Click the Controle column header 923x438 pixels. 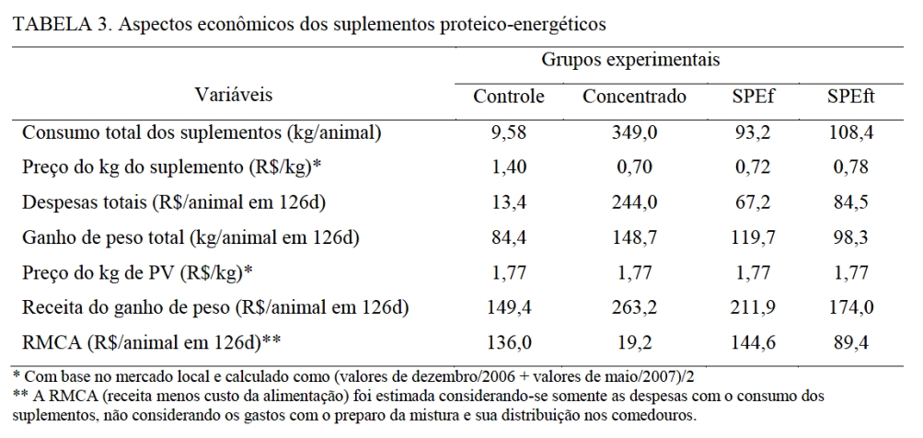tap(509, 96)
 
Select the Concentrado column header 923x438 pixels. tap(634, 96)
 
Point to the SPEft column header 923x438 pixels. tap(849, 96)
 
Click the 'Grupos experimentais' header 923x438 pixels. tap(630, 59)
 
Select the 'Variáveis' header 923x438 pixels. tap(233, 94)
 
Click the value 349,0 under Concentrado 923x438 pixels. tap(634, 133)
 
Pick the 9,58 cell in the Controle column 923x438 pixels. tap(509, 133)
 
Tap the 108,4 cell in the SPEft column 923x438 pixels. tap(849, 133)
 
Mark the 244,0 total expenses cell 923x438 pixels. tap(634, 202)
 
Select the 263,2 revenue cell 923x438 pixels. tap(634, 305)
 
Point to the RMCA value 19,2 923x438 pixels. tap(634, 340)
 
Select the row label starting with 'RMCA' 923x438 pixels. tap(151, 340)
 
